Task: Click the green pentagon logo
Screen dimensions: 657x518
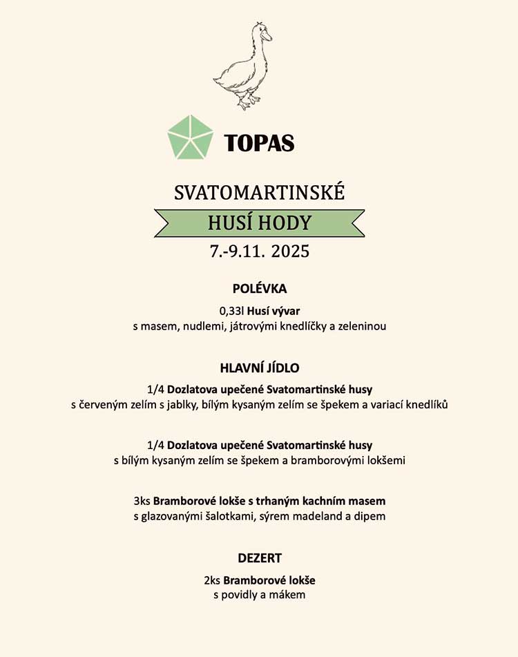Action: (190, 137)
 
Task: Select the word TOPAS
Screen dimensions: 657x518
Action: (259, 143)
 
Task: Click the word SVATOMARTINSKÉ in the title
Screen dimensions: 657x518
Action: (259, 192)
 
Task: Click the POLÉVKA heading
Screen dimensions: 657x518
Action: (259, 289)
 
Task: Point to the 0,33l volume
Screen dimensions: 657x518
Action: (231, 311)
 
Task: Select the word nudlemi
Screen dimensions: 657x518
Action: (202, 326)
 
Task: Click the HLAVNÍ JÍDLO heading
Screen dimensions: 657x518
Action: (259, 368)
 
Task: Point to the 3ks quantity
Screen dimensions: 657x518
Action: (142, 500)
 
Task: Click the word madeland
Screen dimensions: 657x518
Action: (316, 516)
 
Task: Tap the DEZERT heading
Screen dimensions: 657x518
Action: (259, 558)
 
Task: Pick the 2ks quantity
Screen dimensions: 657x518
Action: (211, 580)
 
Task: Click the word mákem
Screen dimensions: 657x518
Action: (290, 594)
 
